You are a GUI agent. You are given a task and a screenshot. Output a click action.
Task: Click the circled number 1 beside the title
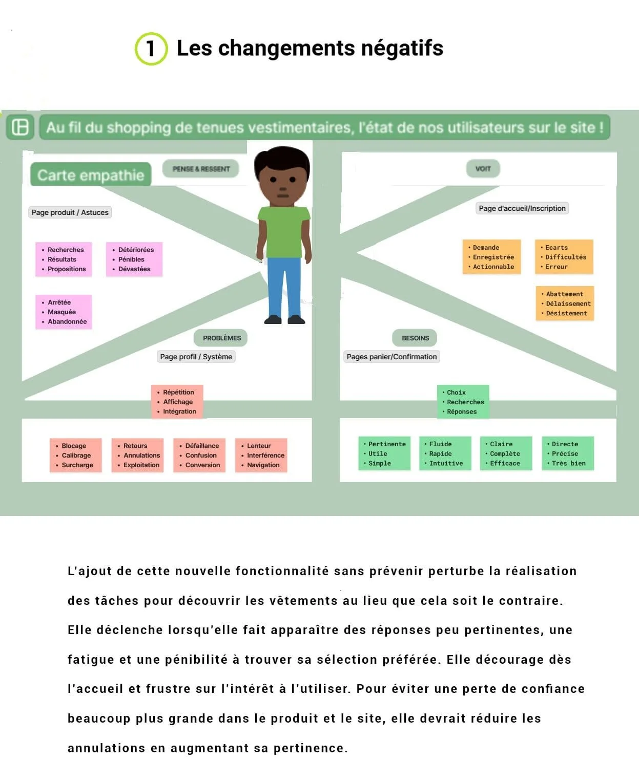[151, 49]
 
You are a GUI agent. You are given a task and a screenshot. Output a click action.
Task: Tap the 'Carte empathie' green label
[91, 175]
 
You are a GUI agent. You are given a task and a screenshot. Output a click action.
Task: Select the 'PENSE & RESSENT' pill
[201, 169]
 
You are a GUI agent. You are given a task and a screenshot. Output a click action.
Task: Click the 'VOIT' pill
[483, 168]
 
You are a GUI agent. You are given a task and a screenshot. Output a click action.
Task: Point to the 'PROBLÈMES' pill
[221, 338]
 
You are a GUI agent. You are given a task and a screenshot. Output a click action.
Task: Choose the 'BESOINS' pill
[415, 338]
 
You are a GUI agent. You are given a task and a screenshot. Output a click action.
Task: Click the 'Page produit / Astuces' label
[70, 212]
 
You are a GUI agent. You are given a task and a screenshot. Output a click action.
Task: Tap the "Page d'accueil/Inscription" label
[522, 208]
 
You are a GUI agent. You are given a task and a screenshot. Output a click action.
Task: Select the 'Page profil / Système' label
[196, 357]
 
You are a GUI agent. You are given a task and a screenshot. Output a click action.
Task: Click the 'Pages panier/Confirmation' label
[391, 357]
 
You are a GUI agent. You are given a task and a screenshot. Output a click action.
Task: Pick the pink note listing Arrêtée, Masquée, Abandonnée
[64, 312]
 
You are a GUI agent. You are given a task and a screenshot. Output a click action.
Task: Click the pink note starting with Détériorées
[134, 259]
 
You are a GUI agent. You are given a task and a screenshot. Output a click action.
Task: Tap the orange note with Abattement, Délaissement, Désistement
[564, 303]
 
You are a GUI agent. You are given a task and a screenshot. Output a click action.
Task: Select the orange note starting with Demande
[491, 257]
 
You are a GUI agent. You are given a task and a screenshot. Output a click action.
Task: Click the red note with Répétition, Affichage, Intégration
[177, 402]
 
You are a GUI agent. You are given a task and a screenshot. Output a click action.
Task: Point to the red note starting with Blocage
[75, 455]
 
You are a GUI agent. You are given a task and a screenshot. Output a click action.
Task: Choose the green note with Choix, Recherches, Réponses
[463, 402]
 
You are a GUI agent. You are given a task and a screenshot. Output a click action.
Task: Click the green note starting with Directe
[567, 453]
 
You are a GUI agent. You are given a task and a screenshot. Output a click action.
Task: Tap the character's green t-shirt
[283, 230]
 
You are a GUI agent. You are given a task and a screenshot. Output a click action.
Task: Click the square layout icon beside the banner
[20, 127]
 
